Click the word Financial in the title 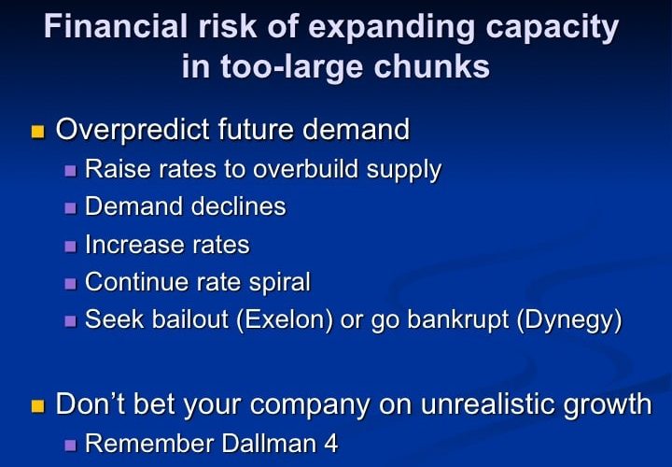(x=116, y=26)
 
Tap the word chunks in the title (x=431, y=66)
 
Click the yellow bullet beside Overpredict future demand (x=37, y=131)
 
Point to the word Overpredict (x=133, y=131)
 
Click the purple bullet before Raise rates (x=70, y=171)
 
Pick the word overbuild (x=305, y=168)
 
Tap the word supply (x=404, y=171)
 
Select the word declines (x=238, y=206)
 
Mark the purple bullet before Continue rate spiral (x=70, y=283)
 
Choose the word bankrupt (x=457, y=321)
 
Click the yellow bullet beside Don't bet (x=37, y=405)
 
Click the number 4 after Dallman (x=330, y=444)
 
